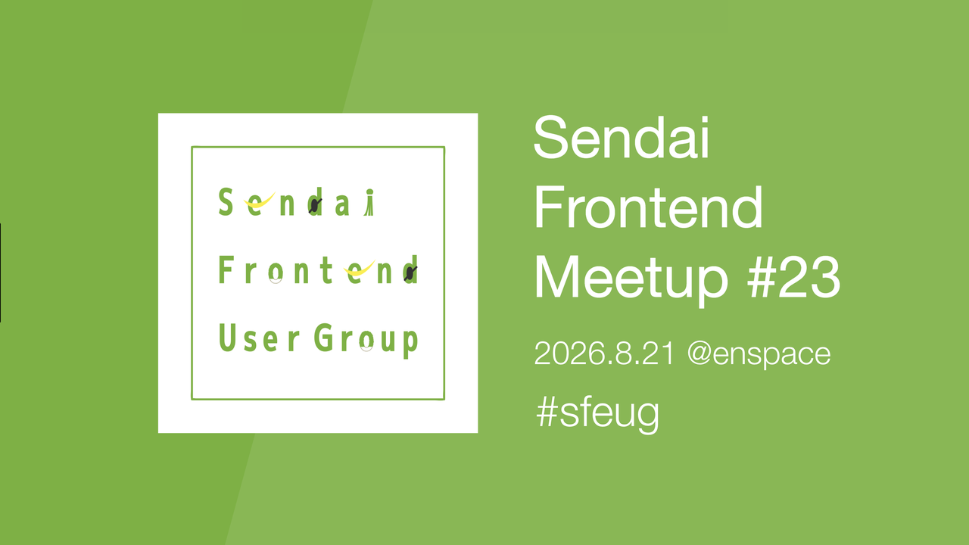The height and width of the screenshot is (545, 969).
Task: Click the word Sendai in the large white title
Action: click(622, 138)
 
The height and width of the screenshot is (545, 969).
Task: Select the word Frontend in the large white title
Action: click(649, 207)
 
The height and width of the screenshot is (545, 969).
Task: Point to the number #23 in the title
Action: click(794, 276)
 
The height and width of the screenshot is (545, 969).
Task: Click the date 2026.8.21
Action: click(604, 353)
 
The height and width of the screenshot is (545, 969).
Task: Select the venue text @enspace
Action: click(759, 354)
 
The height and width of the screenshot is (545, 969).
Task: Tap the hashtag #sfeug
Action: click(597, 413)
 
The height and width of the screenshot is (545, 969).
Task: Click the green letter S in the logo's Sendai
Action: click(226, 201)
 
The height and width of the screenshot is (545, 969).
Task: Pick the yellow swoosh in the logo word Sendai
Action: click(260, 201)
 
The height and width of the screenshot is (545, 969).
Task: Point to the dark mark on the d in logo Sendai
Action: click(316, 205)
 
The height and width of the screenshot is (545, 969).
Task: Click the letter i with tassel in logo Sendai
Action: click(369, 202)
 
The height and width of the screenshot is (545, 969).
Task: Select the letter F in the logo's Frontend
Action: click(226, 269)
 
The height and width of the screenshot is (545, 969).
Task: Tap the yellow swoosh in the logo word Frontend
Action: click(359, 269)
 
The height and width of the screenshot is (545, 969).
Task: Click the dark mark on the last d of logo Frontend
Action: click(410, 273)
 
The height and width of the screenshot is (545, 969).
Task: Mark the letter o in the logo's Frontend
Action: click(276, 272)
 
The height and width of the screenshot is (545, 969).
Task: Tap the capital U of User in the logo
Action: click(228, 338)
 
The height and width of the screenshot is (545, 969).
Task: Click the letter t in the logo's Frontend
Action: click(327, 269)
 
